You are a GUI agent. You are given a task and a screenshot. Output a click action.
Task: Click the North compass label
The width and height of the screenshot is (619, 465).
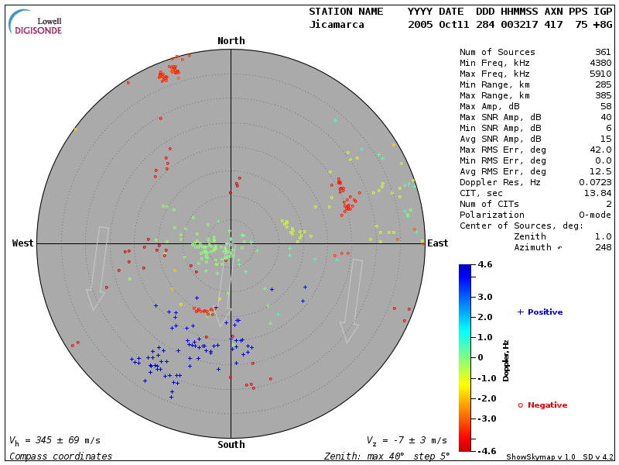[x=231, y=41]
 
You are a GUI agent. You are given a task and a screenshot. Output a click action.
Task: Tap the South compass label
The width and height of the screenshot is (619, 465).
[x=231, y=445]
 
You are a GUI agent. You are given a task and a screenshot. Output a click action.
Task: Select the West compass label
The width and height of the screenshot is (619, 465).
[x=22, y=243]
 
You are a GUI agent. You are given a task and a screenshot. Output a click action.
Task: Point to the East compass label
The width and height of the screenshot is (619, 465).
[x=438, y=243]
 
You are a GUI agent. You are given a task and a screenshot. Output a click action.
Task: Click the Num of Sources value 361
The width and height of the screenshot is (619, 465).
[x=603, y=53]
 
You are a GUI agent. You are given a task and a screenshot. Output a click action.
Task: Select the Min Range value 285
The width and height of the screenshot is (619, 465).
[x=603, y=85]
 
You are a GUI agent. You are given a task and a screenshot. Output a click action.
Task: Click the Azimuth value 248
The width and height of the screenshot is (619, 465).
[x=603, y=247]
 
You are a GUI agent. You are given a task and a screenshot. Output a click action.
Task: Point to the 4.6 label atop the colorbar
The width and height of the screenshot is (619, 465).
[x=485, y=265]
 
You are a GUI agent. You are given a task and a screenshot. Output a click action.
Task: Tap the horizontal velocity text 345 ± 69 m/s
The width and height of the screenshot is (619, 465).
[x=55, y=440]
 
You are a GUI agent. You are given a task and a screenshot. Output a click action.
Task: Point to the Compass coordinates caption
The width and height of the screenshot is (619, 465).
[x=60, y=456]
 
